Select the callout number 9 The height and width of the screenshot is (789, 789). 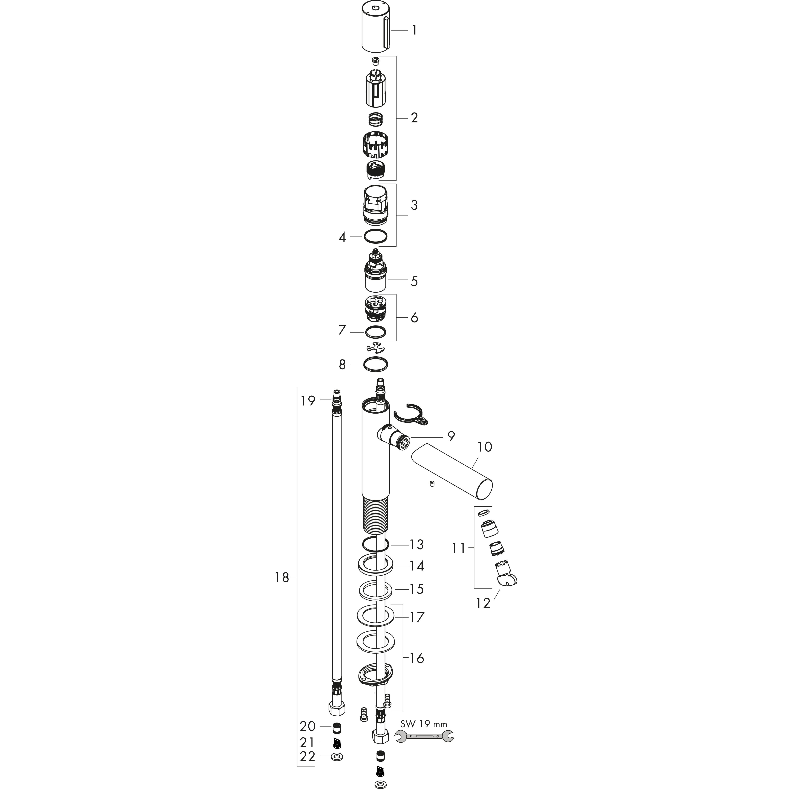[x=451, y=436]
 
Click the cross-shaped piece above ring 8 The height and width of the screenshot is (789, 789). [x=376, y=347]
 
